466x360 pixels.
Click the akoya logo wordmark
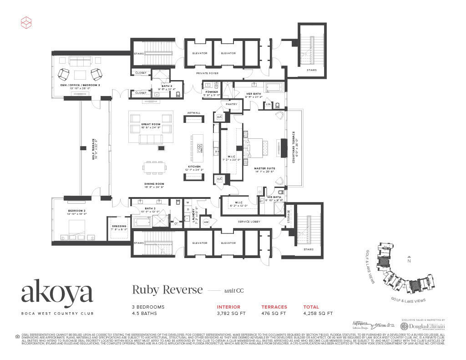click(57, 294)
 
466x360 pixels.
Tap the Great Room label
click(150, 124)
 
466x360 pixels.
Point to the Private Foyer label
click(207, 73)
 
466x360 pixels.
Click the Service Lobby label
click(248, 222)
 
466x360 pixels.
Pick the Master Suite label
click(264, 168)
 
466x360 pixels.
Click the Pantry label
click(232, 104)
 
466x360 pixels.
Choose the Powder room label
click(212, 91)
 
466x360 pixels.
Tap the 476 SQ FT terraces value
click(274, 313)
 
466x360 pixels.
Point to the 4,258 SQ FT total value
click(318, 313)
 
